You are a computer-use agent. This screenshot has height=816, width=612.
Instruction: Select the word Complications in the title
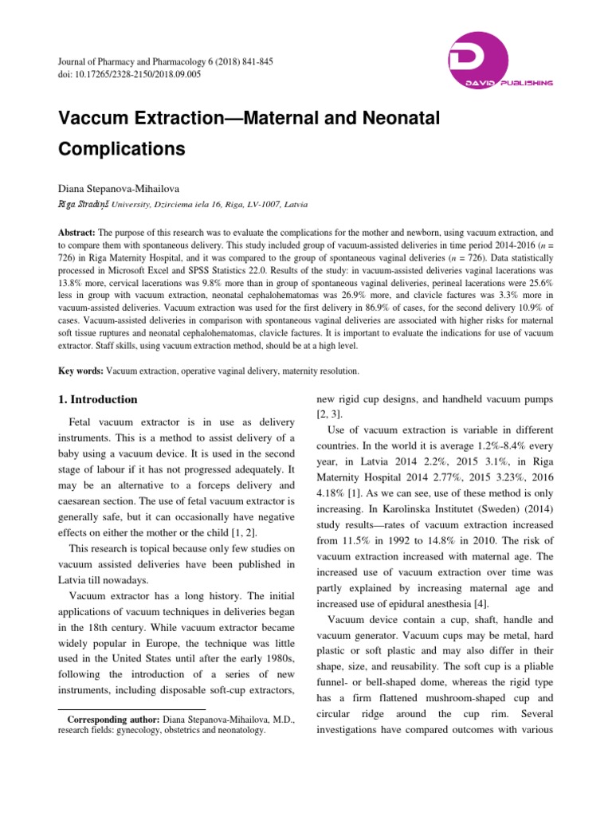[122, 149]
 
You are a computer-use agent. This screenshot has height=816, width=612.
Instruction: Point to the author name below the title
[123, 190]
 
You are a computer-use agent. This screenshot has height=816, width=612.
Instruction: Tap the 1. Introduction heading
[98, 399]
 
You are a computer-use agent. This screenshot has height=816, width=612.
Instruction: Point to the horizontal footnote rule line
[133, 708]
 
